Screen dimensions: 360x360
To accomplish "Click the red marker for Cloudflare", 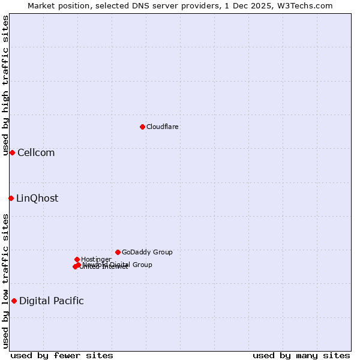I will (x=142, y=127).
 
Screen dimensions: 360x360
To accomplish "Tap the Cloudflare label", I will (x=163, y=127).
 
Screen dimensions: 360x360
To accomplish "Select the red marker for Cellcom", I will (x=12, y=152).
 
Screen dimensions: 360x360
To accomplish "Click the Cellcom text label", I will (x=36, y=152).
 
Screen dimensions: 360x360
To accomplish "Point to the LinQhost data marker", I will (x=11, y=198).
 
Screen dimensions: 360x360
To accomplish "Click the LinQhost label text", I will (x=37, y=198).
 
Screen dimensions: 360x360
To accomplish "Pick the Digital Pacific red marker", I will (x=14, y=301).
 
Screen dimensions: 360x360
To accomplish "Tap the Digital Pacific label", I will (x=52, y=301).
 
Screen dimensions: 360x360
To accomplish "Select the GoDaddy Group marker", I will (x=118, y=252).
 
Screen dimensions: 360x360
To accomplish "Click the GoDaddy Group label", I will (x=147, y=252).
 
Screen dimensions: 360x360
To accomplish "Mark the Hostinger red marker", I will (x=77, y=259).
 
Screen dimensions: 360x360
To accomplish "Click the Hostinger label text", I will (x=96, y=259).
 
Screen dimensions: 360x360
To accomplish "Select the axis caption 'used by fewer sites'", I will (x=62, y=355).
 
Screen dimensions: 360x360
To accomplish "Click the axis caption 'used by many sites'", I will (x=301, y=355).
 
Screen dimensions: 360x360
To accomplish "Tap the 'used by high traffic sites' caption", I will (x=5, y=85).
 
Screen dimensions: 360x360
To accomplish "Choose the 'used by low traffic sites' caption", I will (x=5, y=280).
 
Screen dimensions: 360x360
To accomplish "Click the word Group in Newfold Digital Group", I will (x=142, y=265).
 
